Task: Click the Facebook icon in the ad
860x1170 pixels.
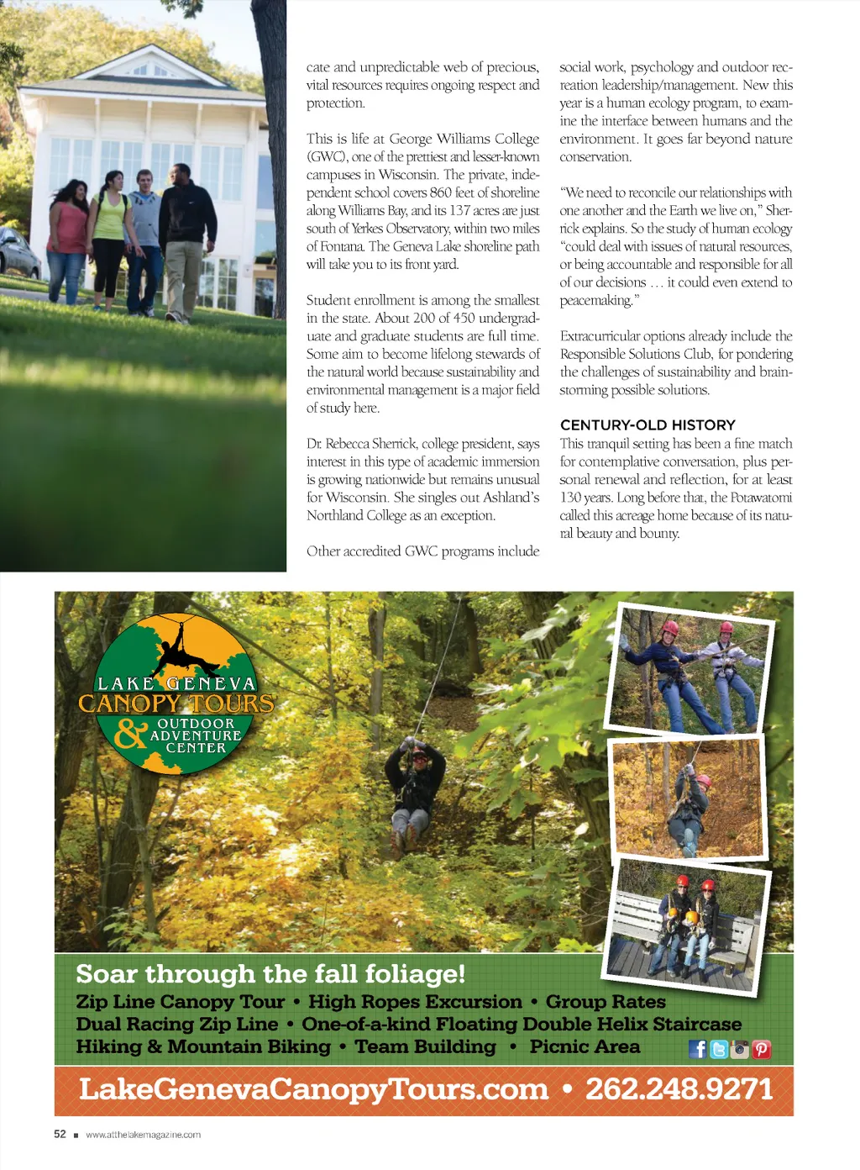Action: click(x=698, y=1049)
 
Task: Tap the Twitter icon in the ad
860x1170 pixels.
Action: click(x=719, y=1049)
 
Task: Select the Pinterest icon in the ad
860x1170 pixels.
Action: click(x=762, y=1049)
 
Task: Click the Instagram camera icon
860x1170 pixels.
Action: click(x=740, y=1049)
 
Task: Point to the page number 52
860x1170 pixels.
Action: click(x=60, y=1134)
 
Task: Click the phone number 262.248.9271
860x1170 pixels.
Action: click(x=679, y=1089)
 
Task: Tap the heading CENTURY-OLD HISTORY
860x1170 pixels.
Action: click(x=648, y=425)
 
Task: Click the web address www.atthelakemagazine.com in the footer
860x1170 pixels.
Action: click(x=143, y=1135)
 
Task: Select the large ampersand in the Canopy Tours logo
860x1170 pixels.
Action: click(x=131, y=733)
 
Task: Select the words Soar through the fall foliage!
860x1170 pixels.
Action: click(x=270, y=974)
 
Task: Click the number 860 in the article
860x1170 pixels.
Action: click(x=441, y=192)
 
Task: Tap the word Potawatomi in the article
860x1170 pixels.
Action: click(x=762, y=498)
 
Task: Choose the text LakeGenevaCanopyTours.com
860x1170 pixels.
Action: click(x=313, y=1089)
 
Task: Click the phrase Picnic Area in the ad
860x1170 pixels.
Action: click(x=585, y=1047)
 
